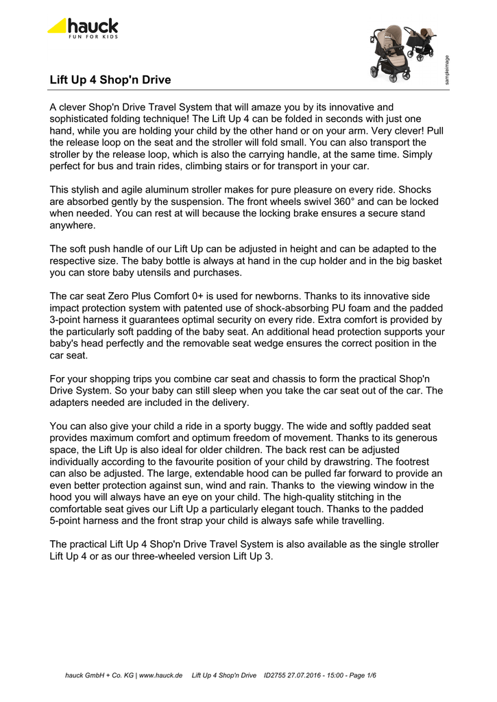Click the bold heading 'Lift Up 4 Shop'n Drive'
(110, 80)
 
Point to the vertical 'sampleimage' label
(447, 69)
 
